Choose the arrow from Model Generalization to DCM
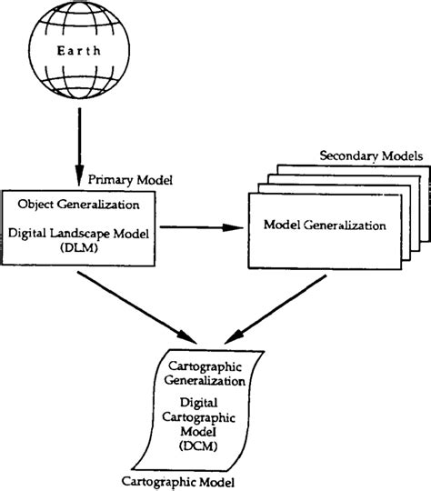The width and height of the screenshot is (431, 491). point(277,318)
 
